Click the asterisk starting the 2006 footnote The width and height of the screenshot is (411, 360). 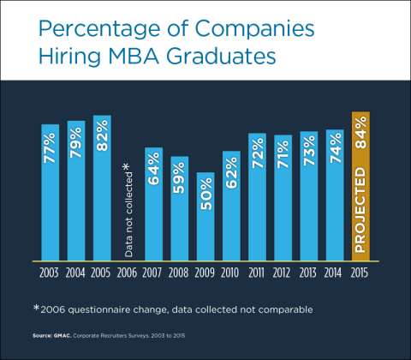pos(36,306)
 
